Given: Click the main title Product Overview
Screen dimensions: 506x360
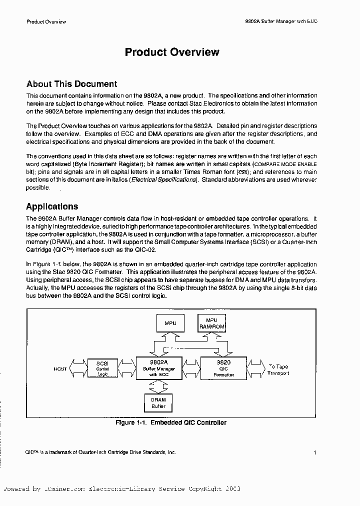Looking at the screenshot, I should pyautogui.click(x=171, y=52).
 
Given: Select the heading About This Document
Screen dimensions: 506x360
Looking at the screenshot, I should pyautogui.click(x=71, y=84).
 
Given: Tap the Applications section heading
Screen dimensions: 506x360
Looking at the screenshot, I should pyautogui.click(x=52, y=206).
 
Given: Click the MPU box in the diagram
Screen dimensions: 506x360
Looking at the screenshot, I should pyautogui.click(x=170, y=323).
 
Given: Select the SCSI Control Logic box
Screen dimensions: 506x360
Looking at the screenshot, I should pyautogui.click(x=102, y=367).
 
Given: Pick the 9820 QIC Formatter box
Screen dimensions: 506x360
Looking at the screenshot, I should pyautogui.click(x=223, y=367).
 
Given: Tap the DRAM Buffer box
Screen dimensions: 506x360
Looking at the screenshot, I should pyautogui.click(x=158, y=402).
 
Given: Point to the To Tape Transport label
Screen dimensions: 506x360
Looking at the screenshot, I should pyautogui.click(x=278, y=369).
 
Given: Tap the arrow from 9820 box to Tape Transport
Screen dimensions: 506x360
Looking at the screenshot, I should pyautogui.click(x=256, y=368).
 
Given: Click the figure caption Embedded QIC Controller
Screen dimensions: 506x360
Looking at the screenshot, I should pyautogui.click(x=171, y=422).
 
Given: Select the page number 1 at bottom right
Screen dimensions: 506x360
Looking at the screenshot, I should pyautogui.click(x=315, y=452).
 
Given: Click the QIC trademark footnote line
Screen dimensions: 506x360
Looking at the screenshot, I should pyautogui.click(x=100, y=451).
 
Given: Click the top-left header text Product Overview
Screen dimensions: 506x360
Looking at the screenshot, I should pyautogui.click(x=46, y=21).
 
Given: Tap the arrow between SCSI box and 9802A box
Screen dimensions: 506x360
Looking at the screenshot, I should pyautogui.click(x=127, y=368).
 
